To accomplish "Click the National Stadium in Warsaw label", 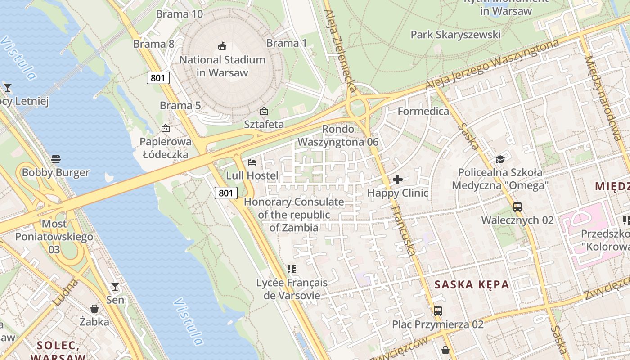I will click(222, 66).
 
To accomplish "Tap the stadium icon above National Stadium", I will click(222, 46).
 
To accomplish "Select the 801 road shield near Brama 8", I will click(158, 78).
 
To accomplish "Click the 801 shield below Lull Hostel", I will click(225, 193).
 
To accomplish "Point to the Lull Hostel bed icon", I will click(252, 162).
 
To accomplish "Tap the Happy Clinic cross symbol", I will click(398, 180).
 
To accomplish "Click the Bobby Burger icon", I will click(56, 159).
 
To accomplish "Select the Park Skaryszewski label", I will click(455, 35).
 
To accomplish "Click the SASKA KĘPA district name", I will click(472, 284).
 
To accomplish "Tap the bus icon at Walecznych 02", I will click(517, 207).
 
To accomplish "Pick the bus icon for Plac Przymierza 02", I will click(437, 310).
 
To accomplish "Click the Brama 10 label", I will click(180, 14).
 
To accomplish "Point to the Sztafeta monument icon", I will click(264, 111).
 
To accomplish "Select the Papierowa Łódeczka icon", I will click(166, 128).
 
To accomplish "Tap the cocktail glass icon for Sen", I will click(115, 287).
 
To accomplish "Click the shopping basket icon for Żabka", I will click(94, 309).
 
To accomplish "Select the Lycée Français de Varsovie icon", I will click(292, 269).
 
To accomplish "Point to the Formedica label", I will click(423, 111).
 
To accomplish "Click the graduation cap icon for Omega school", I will click(500, 159).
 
